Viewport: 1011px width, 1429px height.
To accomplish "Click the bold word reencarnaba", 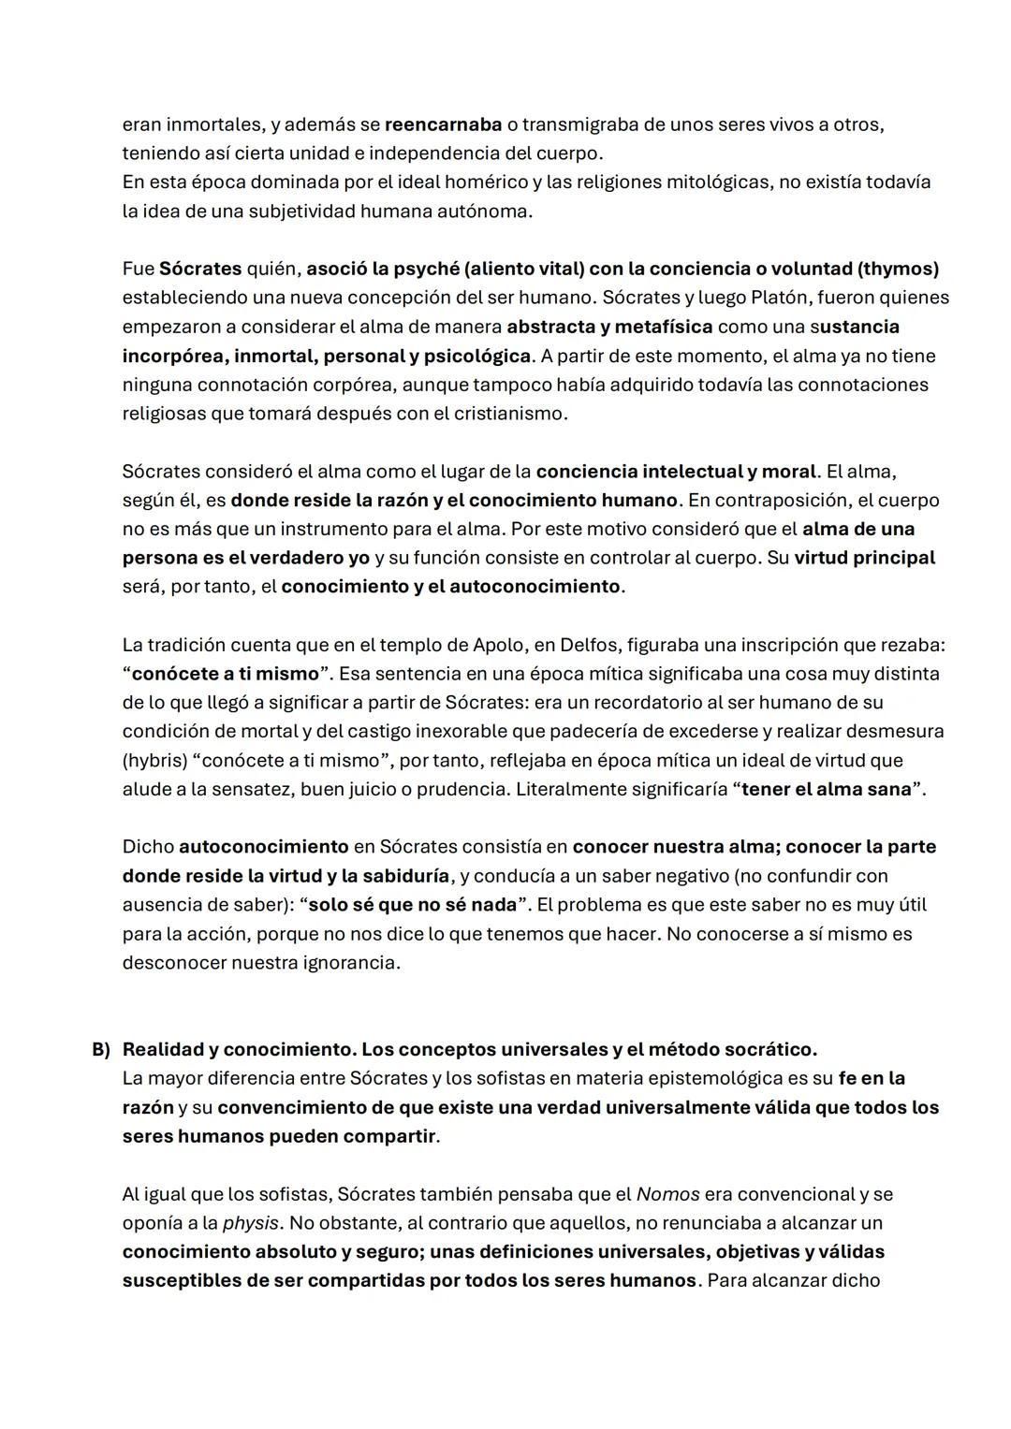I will (x=443, y=124).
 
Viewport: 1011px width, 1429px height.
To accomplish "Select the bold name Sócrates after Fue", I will (x=200, y=269).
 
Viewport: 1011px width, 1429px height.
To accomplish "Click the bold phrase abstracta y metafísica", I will (x=609, y=327).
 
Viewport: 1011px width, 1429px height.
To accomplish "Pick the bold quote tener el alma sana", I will (x=826, y=789).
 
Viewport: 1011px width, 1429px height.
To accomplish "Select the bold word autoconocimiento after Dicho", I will (x=263, y=847).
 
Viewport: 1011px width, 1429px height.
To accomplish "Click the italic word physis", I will (x=250, y=1223).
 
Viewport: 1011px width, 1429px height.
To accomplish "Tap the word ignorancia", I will (x=350, y=963).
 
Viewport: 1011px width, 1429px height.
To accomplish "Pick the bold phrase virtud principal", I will (x=864, y=558).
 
